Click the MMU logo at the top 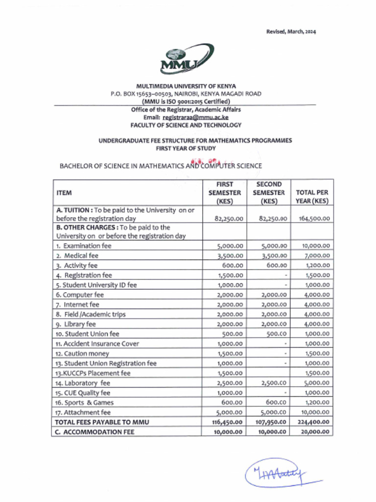click(186, 59)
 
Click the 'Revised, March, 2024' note click(291, 32)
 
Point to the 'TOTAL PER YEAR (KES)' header click(312, 197)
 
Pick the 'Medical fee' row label click(77, 255)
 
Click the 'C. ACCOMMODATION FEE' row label click(95, 432)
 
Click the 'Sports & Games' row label click(85, 402)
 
